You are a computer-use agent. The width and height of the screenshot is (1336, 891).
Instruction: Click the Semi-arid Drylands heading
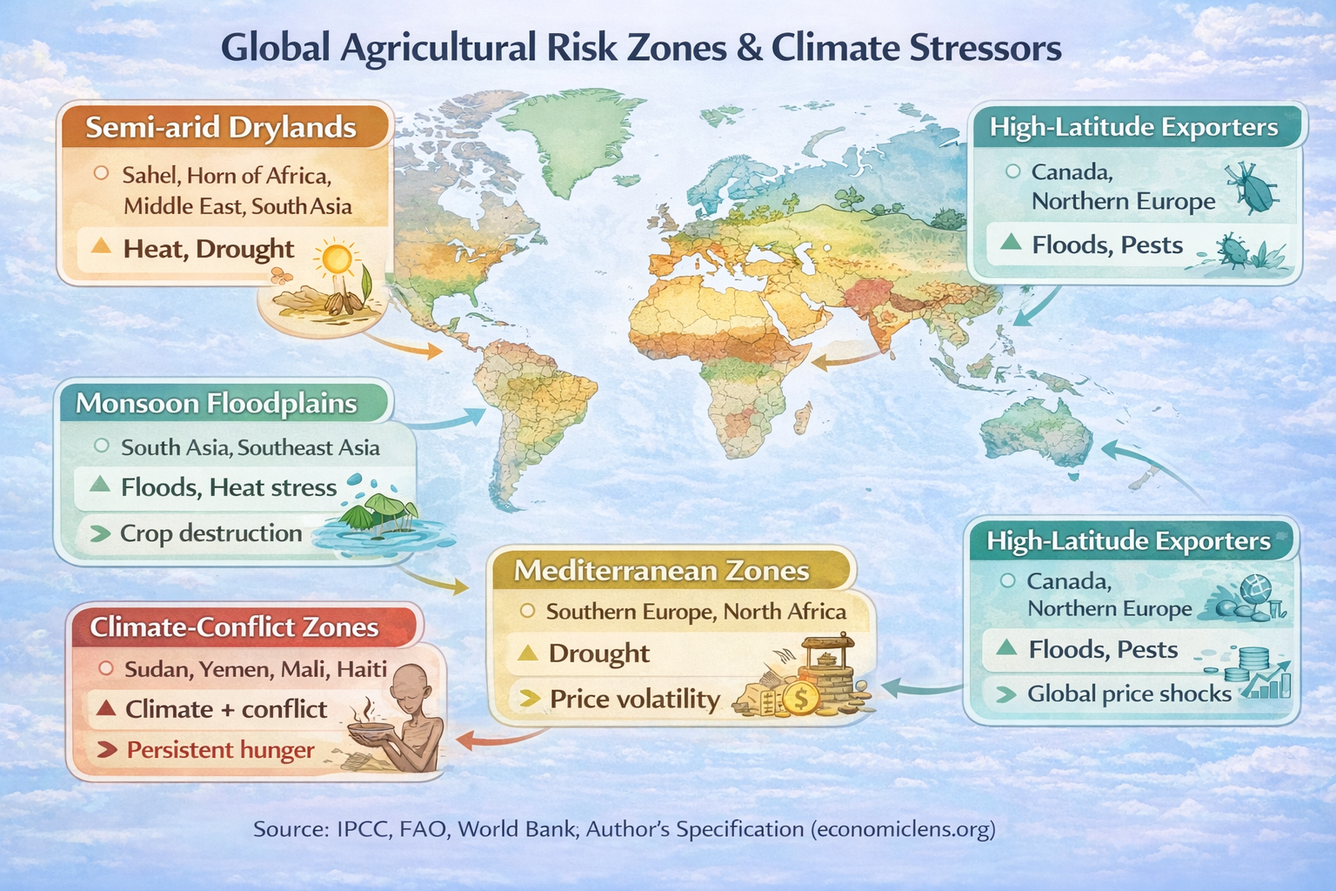[x=221, y=128]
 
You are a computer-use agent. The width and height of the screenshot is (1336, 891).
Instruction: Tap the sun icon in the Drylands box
[x=337, y=259]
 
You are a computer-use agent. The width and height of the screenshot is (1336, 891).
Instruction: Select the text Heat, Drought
[x=209, y=249]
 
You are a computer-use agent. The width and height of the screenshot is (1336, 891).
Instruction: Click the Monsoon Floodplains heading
[x=217, y=404]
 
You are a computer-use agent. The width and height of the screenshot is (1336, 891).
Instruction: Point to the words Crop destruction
[x=210, y=533]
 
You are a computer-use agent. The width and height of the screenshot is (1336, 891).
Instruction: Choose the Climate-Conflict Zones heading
[x=234, y=627]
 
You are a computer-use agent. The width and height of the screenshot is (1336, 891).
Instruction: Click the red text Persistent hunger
[x=220, y=750]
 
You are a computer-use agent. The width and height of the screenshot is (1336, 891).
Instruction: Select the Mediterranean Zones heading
[x=661, y=571]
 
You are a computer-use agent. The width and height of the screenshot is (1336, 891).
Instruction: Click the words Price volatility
[x=635, y=700]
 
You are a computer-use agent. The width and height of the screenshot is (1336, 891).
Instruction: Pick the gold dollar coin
[x=799, y=698]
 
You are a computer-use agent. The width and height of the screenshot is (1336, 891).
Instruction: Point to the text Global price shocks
[x=1129, y=694]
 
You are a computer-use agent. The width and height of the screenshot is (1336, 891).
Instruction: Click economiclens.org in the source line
[x=903, y=829]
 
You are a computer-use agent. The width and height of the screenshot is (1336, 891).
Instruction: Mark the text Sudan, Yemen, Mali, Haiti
[x=256, y=669]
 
